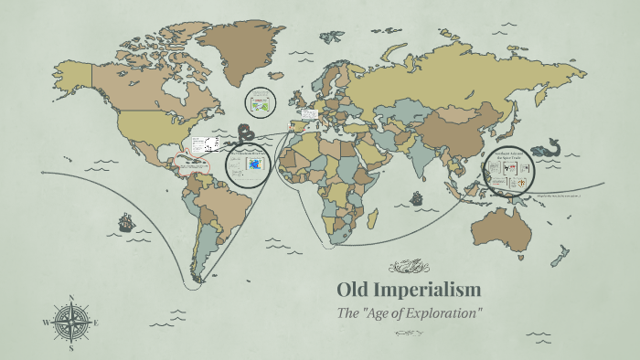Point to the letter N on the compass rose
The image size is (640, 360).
71,298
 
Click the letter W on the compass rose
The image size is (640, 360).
46,323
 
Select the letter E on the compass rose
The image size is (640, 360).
96,323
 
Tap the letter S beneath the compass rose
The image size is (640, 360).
71,348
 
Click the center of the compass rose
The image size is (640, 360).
71,323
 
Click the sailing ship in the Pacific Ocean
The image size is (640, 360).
125,221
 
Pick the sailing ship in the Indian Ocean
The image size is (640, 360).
417,198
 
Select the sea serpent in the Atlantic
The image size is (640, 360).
245,134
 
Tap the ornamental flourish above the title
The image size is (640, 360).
409,267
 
